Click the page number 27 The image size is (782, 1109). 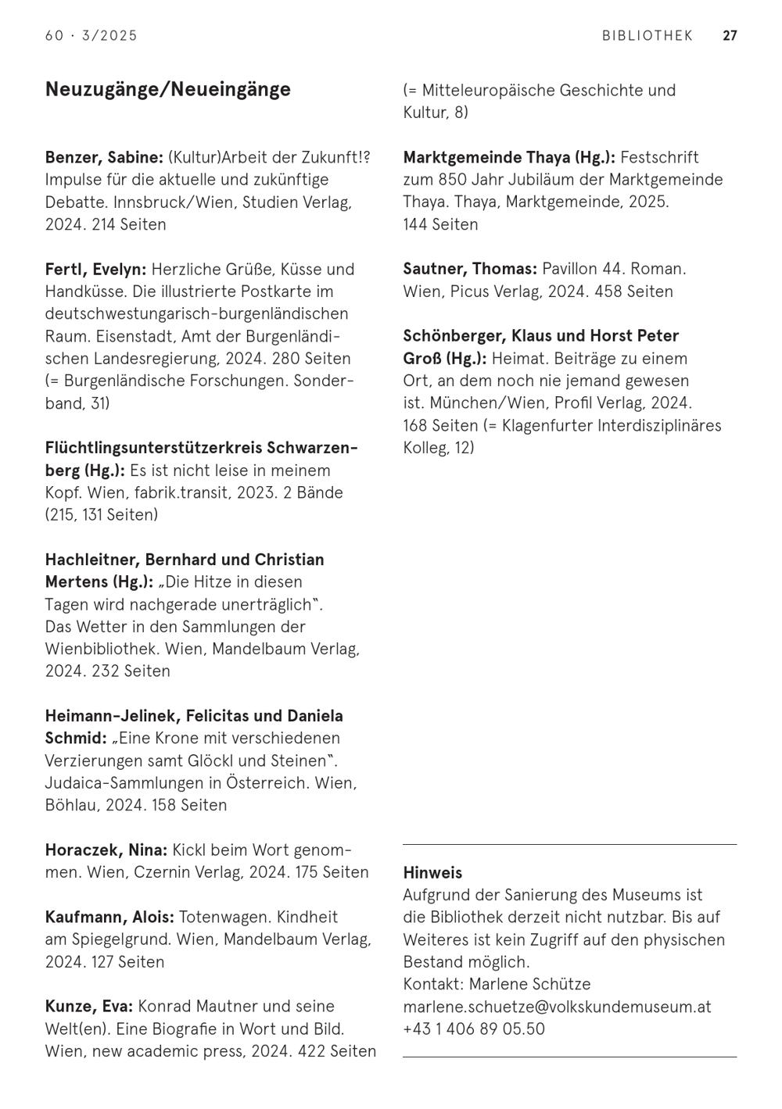[x=730, y=36]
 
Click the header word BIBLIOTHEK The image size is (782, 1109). [x=647, y=36]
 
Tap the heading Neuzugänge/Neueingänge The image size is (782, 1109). [x=168, y=89]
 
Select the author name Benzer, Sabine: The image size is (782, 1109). [x=104, y=157]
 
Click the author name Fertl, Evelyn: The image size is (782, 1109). [x=95, y=270]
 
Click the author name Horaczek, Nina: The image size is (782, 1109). [x=106, y=850]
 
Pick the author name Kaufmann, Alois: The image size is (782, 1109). [x=109, y=918]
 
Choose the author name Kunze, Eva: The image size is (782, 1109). [x=89, y=1007]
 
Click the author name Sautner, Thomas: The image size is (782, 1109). [x=470, y=270]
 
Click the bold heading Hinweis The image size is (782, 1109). [x=432, y=873]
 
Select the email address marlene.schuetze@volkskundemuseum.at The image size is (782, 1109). [x=557, y=1007]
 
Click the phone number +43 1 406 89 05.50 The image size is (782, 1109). [x=474, y=1029]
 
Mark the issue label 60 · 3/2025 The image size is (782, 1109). [x=91, y=36]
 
